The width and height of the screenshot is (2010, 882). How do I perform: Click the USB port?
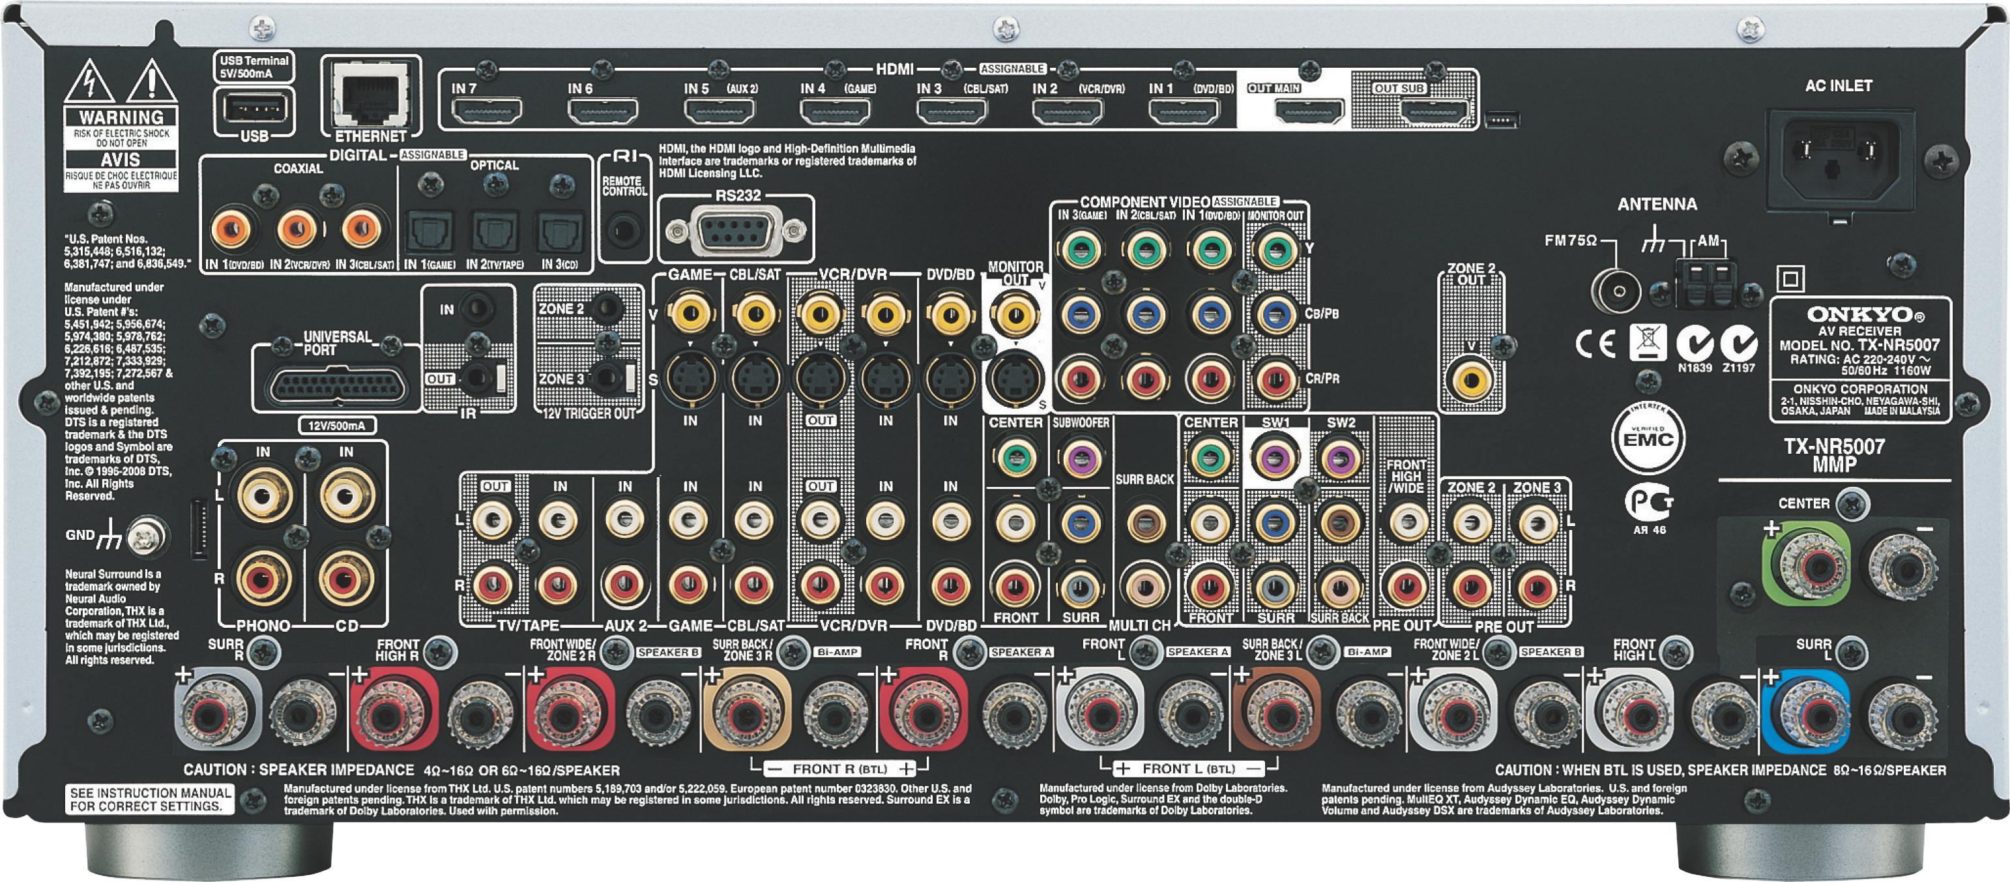(254, 110)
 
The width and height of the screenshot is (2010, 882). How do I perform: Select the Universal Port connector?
(338, 387)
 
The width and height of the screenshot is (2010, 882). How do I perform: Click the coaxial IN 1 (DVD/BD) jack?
(233, 229)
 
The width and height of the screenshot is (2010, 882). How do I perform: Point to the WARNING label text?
(121, 117)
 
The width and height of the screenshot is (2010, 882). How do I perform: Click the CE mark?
(1595, 344)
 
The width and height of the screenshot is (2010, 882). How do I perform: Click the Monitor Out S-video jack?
(1014, 379)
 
